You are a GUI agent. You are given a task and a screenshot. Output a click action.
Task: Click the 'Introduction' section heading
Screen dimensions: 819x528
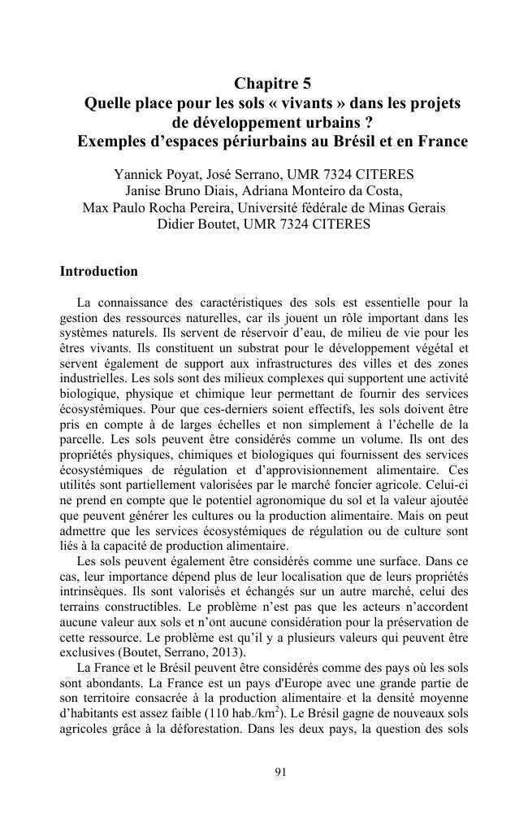pos(99,271)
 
